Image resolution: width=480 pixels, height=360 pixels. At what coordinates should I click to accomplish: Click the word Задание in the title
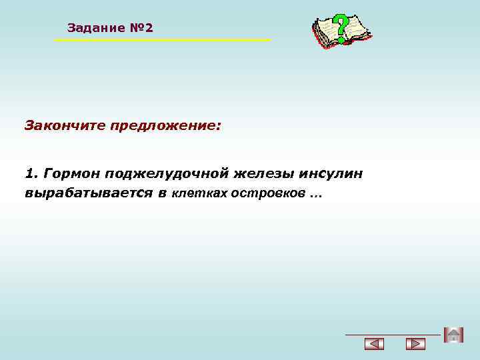point(96,28)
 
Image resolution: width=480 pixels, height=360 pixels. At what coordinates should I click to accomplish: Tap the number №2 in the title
point(141,28)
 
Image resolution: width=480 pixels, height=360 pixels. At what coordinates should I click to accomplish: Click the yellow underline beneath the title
point(162,41)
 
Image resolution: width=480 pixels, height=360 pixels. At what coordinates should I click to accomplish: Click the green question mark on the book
point(341,29)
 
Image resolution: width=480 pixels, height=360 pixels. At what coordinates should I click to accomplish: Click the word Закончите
point(65,125)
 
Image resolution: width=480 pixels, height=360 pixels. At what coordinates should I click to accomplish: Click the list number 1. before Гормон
point(31,174)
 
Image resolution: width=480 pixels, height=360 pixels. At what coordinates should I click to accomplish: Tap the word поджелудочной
point(167,175)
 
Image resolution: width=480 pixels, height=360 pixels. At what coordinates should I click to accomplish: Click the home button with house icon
point(453,335)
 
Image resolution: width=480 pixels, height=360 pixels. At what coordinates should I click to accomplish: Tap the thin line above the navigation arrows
point(393,333)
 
